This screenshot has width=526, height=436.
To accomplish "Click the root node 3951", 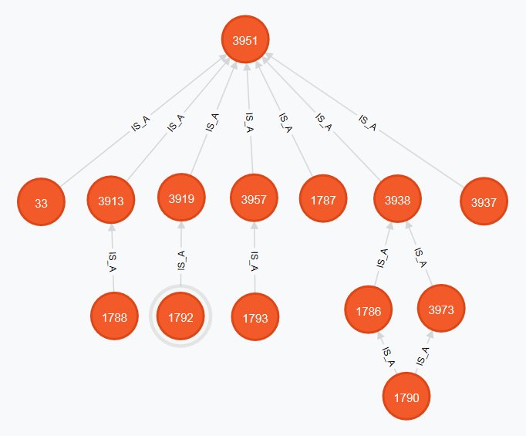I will coord(245,40).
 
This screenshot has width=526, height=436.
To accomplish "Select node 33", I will coord(41,203).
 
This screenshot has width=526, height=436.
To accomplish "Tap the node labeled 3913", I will coord(112,201).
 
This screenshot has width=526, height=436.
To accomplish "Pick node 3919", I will coord(181,198).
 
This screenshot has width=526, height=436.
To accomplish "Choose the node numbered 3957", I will coord(254,200).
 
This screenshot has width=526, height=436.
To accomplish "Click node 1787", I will coord(323,200).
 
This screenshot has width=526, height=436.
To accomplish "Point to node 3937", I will coord(484,202).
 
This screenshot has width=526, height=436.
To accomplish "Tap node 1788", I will coord(114,316).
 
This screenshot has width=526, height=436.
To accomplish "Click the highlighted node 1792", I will coord(180,316).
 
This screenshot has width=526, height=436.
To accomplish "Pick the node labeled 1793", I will coord(255,316).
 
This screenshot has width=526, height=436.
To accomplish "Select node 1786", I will coord(368,311).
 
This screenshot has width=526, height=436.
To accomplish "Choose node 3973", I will coord(441,310).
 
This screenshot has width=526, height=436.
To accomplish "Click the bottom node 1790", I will coord(406,398).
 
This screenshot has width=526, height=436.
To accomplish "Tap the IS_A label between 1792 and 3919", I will coord(180,257).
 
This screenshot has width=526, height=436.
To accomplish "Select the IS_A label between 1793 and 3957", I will coord(255,259).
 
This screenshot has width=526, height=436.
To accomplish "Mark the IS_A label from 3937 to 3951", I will coord(368,123).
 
